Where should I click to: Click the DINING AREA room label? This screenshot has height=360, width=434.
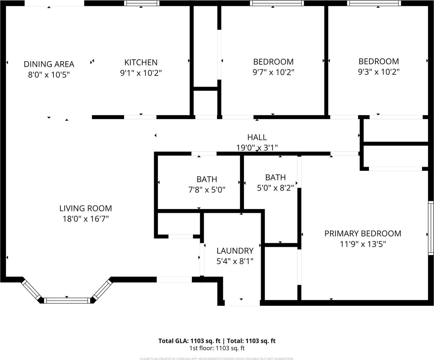[49, 64]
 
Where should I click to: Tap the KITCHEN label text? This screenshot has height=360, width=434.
[141, 63]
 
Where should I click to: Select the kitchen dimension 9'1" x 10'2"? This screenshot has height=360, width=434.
[141, 73]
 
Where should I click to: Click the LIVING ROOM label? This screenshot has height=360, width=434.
[86, 208]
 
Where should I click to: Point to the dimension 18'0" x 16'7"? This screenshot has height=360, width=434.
[86, 219]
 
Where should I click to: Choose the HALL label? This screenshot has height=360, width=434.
[257, 137]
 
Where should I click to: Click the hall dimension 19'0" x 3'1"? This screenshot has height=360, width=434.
[257, 147]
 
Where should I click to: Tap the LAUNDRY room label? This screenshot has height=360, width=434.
[235, 251]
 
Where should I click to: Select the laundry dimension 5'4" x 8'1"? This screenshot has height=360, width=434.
[235, 261]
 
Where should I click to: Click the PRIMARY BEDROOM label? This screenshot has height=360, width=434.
[363, 233]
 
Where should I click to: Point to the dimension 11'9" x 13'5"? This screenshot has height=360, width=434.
[363, 244]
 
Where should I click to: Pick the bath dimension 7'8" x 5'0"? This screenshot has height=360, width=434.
[207, 190]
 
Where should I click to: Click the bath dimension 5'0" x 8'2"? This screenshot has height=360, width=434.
[275, 188]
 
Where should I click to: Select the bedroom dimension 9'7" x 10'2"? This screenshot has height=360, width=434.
[273, 72]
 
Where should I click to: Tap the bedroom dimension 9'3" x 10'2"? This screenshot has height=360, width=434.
[379, 72]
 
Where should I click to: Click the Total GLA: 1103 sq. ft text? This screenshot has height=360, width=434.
[189, 341]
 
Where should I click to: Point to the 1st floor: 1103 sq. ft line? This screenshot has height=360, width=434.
[217, 348]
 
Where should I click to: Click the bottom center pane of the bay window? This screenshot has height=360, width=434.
[67, 300]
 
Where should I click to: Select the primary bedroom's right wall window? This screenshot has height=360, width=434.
[431, 228]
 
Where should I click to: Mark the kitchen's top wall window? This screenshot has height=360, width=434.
[142, 3]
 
